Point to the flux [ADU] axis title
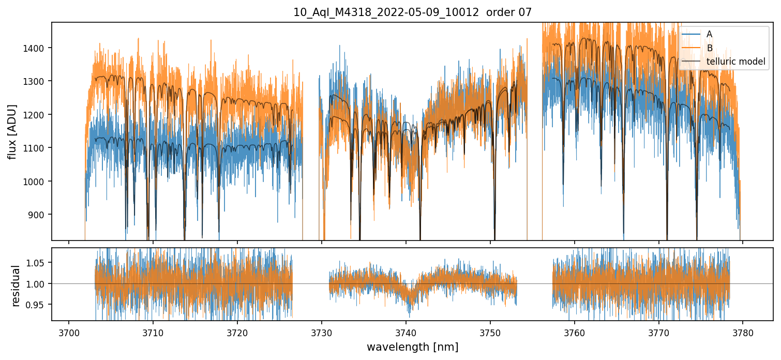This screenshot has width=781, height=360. [x=12, y=131]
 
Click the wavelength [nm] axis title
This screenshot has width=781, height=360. [x=412, y=347]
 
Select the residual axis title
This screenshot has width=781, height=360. [x=16, y=286]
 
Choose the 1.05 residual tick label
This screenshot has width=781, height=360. [x=38, y=263]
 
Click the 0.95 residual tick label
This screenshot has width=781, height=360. [x=38, y=305]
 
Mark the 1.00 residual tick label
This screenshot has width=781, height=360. [x=38, y=284]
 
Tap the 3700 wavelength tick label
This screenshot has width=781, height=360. [x=69, y=333]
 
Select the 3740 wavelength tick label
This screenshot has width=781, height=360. [x=406, y=333]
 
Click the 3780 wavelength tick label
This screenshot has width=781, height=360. [x=743, y=333]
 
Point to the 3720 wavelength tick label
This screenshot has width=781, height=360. [x=237, y=333]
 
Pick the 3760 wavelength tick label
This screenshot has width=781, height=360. [x=574, y=333]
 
